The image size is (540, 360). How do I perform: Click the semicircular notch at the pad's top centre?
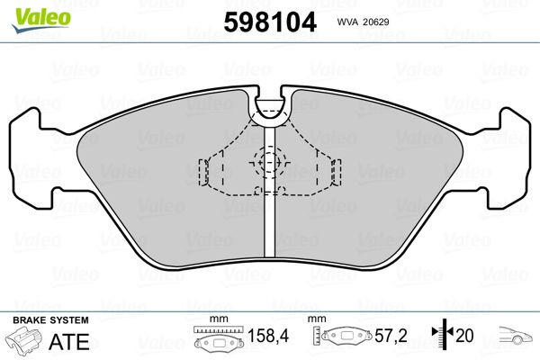pos(270,108)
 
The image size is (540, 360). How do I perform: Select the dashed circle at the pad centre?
pos(269,163)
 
